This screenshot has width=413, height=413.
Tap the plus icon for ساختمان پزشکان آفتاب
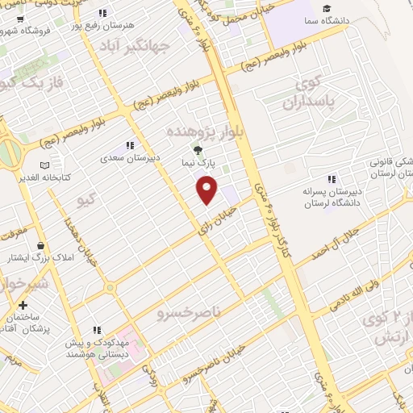23,306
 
